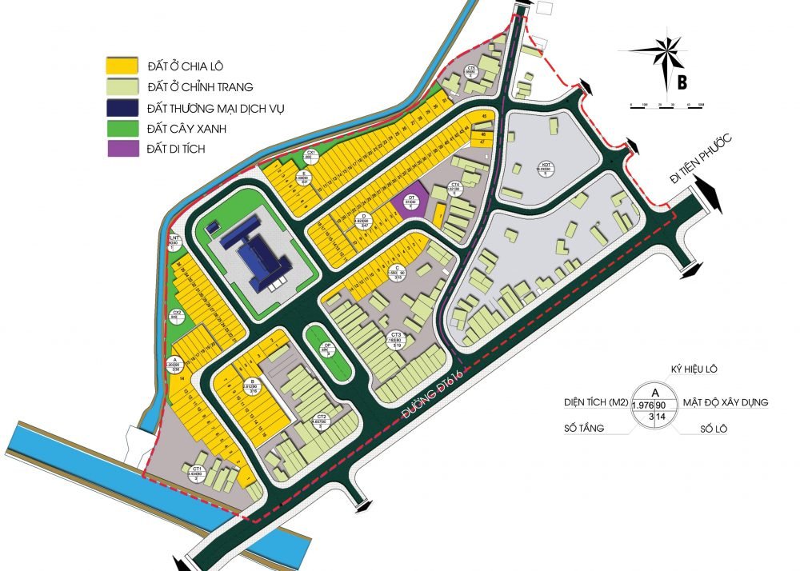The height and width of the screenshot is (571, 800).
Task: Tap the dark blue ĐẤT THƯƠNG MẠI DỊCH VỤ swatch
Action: pyautogui.click(x=121, y=106)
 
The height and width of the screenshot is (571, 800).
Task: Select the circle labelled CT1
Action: pyautogui.click(x=195, y=471)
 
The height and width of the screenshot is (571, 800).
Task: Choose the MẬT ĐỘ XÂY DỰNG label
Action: pyautogui.click(x=724, y=402)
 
